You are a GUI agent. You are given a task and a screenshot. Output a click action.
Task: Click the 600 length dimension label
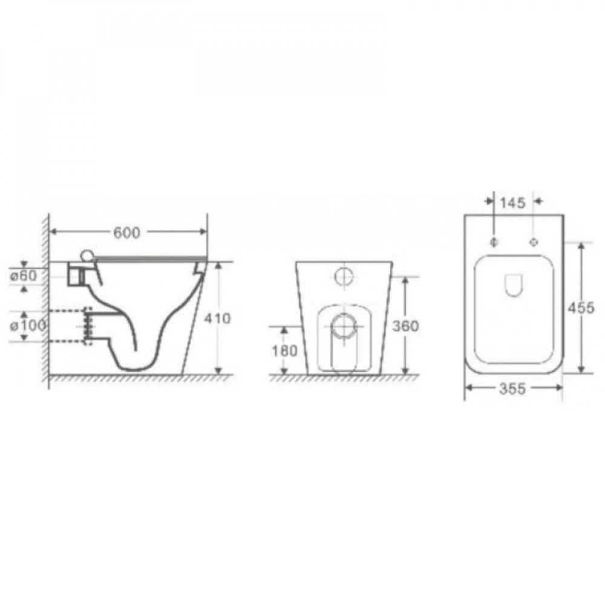pyautogui.click(x=126, y=233)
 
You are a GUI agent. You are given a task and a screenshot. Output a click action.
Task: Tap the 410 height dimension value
pyautogui.click(x=217, y=318)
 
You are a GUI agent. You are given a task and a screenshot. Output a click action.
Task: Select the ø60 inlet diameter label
pyautogui.click(x=23, y=275)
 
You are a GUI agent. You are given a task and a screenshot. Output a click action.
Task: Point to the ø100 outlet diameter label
pyautogui.click(x=28, y=325)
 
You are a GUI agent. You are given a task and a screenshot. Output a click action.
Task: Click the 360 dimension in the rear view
pyautogui.click(x=405, y=326)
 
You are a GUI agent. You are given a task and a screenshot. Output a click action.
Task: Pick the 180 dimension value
pyautogui.click(x=285, y=351)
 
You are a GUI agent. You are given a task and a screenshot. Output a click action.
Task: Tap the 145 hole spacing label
pyautogui.click(x=513, y=203)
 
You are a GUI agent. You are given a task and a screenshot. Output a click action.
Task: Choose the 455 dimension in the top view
pyautogui.click(x=580, y=308)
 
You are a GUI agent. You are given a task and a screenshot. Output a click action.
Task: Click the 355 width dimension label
pyautogui.click(x=512, y=388)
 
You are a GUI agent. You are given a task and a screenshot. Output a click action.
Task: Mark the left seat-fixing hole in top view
pyautogui.click(x=494, y=242)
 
